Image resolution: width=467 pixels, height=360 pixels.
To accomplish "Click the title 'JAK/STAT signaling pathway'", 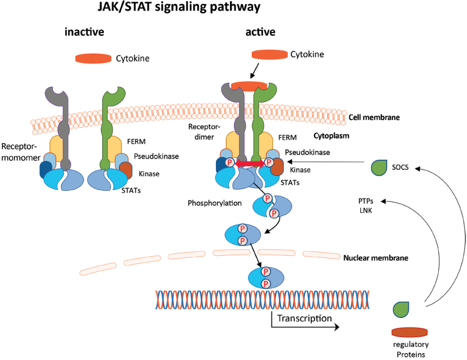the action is (179, 7).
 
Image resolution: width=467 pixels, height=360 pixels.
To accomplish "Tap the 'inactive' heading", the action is (84, 32).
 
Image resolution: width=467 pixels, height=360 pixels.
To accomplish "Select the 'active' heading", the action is (260, 32).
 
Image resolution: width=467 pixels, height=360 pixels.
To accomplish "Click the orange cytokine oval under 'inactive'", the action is (93, 59).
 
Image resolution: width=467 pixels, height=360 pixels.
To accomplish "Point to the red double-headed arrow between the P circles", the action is (250, 163).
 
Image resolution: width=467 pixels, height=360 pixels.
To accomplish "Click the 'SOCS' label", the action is (400, 167).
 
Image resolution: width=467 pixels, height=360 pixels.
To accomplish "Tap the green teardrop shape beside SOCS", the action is (379, 167).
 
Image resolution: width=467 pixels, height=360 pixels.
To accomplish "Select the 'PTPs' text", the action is (366, 201).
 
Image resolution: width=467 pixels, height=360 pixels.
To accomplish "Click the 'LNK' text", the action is (366, 210).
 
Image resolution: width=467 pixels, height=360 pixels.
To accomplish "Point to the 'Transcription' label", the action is (304, 318).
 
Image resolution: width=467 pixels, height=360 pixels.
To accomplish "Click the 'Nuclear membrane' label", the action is (376, 258).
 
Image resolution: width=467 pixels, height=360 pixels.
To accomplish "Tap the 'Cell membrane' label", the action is (374, 117).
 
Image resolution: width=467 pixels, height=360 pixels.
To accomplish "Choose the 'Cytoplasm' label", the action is (331, 136).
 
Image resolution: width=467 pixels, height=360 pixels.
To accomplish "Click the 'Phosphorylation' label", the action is (214, 203).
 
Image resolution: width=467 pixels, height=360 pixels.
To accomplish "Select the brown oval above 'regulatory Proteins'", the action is (409, 332).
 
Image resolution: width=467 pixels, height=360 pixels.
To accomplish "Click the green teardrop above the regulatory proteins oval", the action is (401, 309).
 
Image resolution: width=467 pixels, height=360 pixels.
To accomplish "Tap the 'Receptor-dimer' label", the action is (204, 132).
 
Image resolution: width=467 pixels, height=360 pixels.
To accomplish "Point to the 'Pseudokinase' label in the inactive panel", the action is (156, 156).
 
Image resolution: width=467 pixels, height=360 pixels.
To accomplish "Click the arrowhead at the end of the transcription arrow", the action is (337, 327).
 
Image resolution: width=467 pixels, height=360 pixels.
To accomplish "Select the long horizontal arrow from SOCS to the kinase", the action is (326, 162).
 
